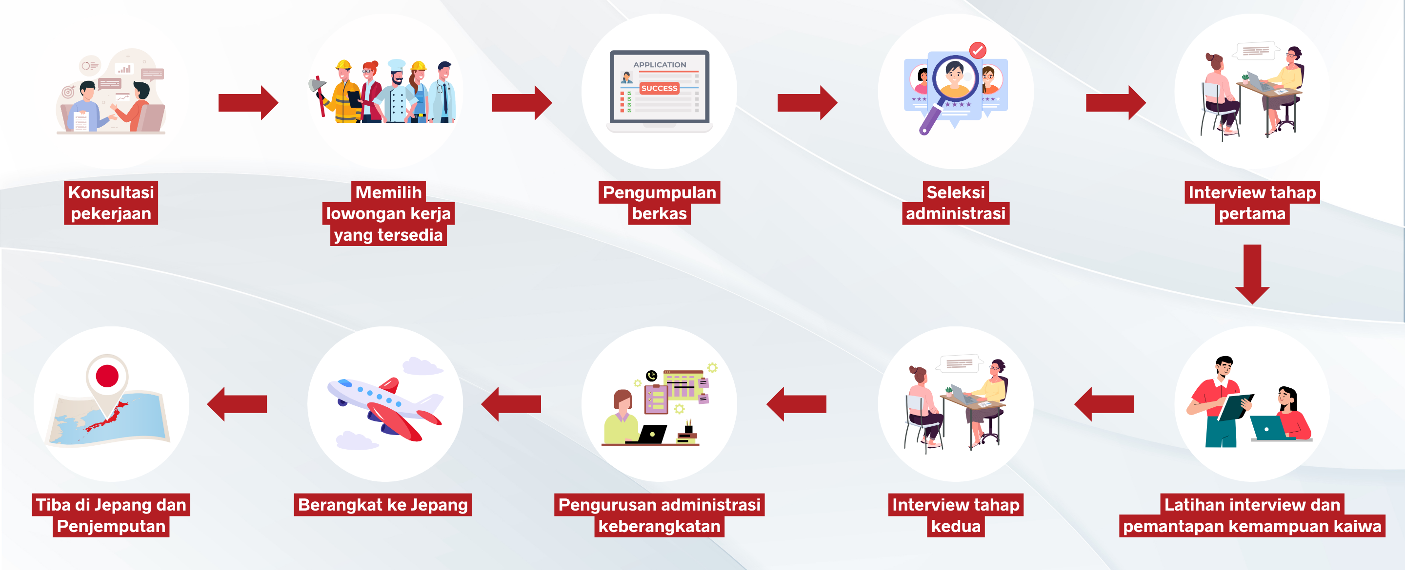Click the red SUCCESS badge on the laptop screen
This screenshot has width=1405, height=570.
coord(659,88)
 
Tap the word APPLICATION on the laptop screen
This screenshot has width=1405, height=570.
coord(660,64)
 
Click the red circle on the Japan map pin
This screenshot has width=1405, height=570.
coord(107,376)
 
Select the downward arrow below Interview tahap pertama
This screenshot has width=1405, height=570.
coord(1252,274)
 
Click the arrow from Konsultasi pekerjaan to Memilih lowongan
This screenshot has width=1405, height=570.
coord(248,102)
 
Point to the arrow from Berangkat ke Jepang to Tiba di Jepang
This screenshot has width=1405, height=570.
coord(237,404)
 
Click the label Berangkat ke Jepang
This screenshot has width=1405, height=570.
coord(383,505)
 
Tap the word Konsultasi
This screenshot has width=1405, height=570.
coord(111,192)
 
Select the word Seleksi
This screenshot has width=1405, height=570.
coord(956,192)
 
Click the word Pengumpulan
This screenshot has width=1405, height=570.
coord(659,192)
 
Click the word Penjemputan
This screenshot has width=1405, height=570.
coord(111,527)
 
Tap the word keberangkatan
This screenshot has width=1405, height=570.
coord(659,527)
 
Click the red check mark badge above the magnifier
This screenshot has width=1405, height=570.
coord(977,50)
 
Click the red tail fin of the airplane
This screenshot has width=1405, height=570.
coord(389,385)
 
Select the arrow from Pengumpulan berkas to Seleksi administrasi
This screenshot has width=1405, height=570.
coord(807,102)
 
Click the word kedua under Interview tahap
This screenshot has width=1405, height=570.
coord(956,527)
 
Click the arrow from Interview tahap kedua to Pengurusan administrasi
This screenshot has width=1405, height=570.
coord(796,404)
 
